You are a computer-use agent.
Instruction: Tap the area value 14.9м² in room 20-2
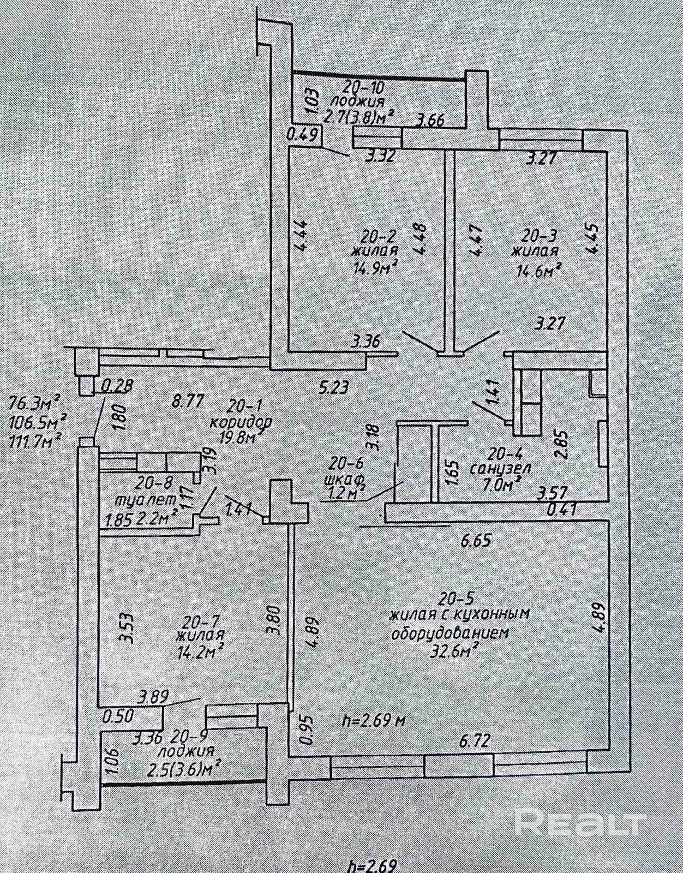[374, 267]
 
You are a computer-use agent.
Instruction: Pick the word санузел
[500, 468]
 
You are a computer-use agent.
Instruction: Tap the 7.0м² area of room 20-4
[497, 481]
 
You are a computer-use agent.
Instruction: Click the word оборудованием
[451, 633]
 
